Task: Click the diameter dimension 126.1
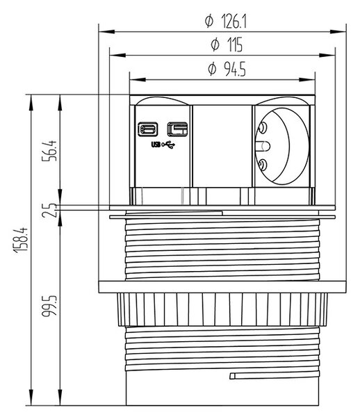(x=226, y=22)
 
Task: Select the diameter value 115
(x=227, y=44)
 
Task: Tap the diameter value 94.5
(x=227, y=69)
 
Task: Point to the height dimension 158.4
(x=20, y=240)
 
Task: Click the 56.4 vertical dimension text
(x=49, y=151)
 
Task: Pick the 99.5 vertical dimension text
(x=49, y=306)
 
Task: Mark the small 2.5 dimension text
(x=49, y=211)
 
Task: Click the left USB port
(x=147, y=129)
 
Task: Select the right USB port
(x=177, y=129)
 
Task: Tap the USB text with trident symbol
(x=163, y=145)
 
